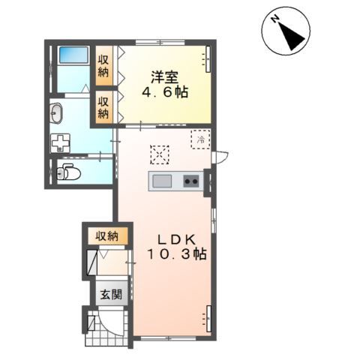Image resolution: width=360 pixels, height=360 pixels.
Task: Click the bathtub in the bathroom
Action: coord(73,55)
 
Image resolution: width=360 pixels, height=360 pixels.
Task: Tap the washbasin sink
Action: coord(56,113)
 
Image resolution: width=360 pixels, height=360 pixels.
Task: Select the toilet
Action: coord(68,172)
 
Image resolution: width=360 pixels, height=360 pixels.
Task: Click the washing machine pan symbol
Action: coord(60,143)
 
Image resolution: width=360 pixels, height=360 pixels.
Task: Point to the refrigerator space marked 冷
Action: coord(200,139)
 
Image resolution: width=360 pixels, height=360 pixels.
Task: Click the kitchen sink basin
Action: coord(162,181)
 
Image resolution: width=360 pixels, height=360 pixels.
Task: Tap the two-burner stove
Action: coord(191,181)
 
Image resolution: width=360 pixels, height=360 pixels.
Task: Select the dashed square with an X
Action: coord(160,154)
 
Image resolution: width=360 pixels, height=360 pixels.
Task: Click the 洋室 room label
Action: coord(164,77)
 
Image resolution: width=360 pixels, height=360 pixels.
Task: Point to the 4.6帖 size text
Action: coord(165,93)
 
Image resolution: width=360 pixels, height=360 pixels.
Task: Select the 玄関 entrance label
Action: coord(111,295)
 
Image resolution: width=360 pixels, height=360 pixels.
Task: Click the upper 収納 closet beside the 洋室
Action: coord(103,66)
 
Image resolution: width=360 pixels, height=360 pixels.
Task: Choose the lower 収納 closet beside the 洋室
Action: coord(103,107)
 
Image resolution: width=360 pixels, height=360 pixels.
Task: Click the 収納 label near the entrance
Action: coord(107,235)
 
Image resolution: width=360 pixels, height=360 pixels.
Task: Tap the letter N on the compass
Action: coord(275,19)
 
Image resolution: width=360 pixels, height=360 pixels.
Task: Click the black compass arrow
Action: coord(292,36)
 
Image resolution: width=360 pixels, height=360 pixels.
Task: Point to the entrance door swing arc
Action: coord(112,324)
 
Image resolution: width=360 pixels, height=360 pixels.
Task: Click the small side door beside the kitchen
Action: coord(220,157)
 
